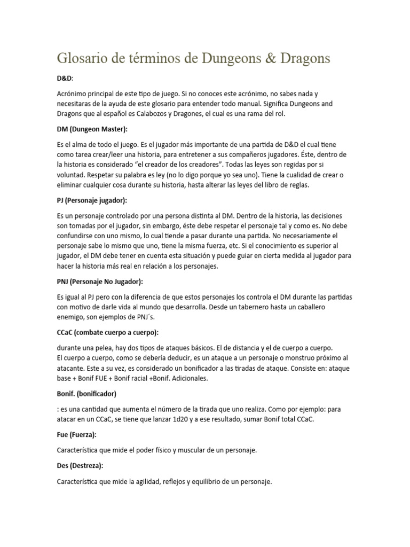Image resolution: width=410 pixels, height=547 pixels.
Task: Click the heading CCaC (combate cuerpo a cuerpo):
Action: point(107,332)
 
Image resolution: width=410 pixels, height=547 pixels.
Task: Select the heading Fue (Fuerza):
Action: point(76,435)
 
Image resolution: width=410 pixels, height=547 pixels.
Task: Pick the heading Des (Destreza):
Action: point(80,465)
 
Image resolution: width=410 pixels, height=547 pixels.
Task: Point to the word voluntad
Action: point(72,174)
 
